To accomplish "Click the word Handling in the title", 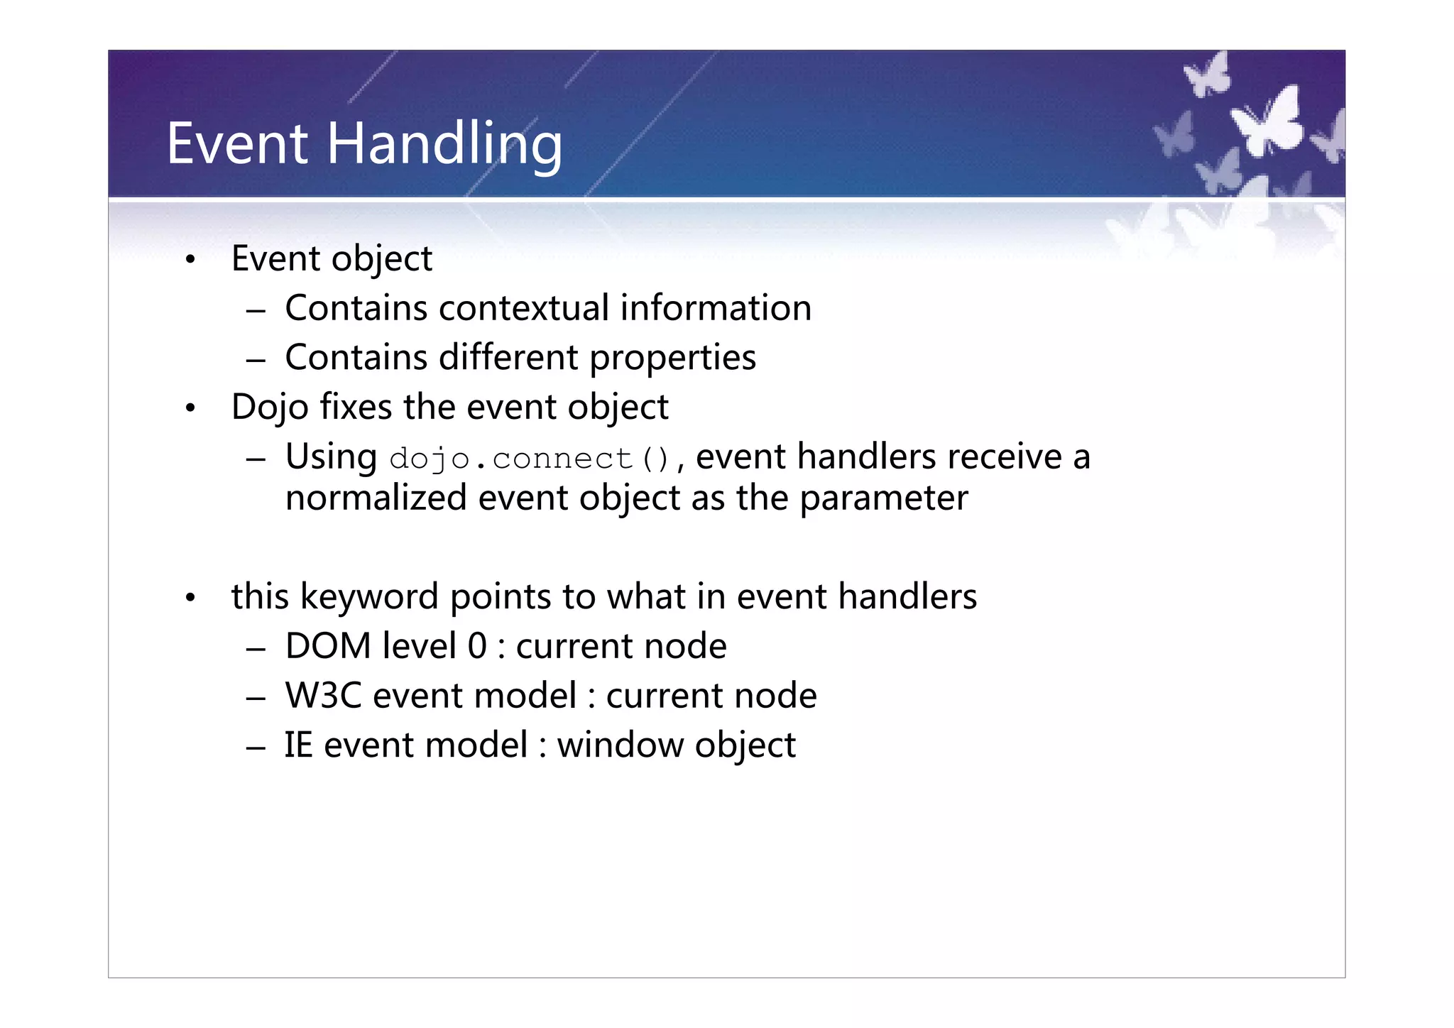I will (x=444, y=144).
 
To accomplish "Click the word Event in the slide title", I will (x=237, y=144).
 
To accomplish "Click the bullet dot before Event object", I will (x=190, y=261).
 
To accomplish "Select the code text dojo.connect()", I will (x=530, y=459).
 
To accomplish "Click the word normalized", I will (x=376, y=498).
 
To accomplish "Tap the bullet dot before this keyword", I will (x=190, y=598).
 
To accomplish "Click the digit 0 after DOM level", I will (x=477, y=647).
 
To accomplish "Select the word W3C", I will (x=323, y=696).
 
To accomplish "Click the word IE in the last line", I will (x=298, y=745).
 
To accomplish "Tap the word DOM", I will (x=328, y=647).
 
